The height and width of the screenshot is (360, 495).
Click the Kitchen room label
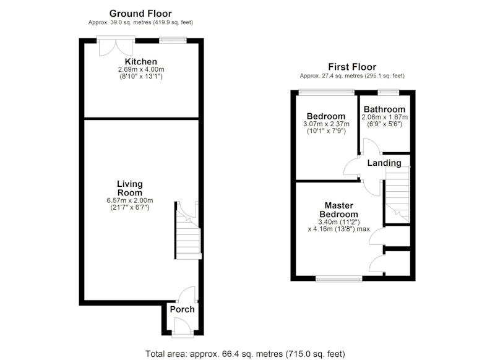click(x=141, y=61)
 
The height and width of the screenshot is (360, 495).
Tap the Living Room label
click(x=130, y=189)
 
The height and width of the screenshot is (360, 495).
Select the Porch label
click(x=182, y=309)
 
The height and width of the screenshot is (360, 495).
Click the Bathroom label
click(x=384, y=109)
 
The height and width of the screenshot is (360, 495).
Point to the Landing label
click(x=384, y=163)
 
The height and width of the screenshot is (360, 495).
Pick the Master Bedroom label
click(x=338, y=210)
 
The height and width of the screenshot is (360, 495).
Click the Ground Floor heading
click(x=140, y=14)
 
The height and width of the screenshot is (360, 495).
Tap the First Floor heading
click(x=352, y=67)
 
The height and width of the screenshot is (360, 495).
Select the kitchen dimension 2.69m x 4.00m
click(x=141, y=69)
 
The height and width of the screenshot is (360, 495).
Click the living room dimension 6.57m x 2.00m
click(x=130, y=200)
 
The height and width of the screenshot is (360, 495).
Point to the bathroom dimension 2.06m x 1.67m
click(x=384, y=117)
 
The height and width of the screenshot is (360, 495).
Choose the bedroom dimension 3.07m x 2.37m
click(x=326, y=124)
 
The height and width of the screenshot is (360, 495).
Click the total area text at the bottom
click(x=245, y=354)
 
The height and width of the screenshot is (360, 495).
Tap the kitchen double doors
click(x=116, y=46)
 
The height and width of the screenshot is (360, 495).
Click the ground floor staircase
click(x=188, y=230)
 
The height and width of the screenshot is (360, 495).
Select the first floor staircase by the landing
click(x=397, y=195)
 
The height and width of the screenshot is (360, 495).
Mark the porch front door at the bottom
click(x=182, y=327)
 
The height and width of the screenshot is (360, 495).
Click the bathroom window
click(x=389, y=92)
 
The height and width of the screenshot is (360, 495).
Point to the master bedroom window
click(x=338, y=278)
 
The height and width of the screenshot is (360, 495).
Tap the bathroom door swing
click(x=371, y=147)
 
